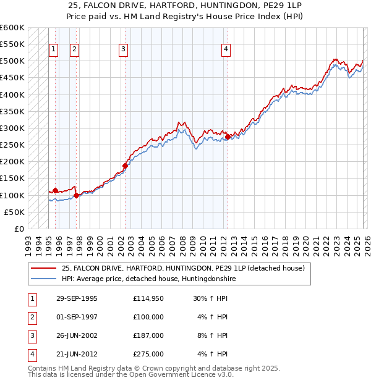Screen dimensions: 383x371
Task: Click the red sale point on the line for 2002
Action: pyautogui.click(x=125, y=166)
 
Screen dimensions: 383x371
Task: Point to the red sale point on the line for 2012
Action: pyautogui.click(x=228, y=137)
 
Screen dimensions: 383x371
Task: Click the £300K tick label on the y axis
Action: pyautogui.click(x=12, y=128)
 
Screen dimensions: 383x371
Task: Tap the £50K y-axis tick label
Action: pyautogui.click(x=14, y=212)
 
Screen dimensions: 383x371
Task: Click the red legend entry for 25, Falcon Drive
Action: pyautogui.click(x=183, y=269)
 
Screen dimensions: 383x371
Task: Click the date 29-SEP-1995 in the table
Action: pyautogui.click(x=77, y=298)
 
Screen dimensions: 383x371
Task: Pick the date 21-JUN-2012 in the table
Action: pyautogui.click(x=77, y=354)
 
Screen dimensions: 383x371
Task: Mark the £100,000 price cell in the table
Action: pyautogui.click(x=148, y=317)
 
